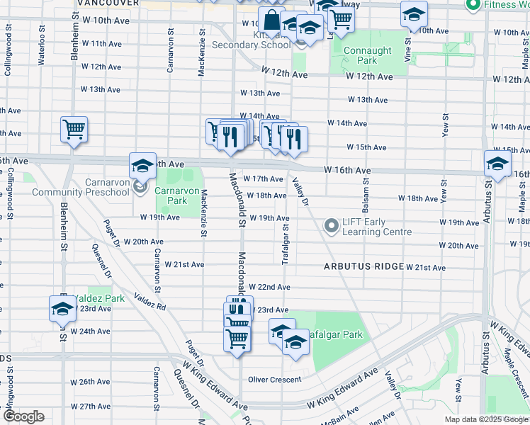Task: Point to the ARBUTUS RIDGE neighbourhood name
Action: tap(363, 267)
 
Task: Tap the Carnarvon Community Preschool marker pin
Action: tap(140, 188)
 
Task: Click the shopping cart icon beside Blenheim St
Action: tap(74, 130)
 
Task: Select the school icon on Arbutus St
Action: tap(497, 164)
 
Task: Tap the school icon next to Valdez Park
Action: tap(62, 309)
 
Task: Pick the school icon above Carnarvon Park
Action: tap(142, 166)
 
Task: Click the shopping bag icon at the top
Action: tap(270, 21)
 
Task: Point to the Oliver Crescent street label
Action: tap(274, 380)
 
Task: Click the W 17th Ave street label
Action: tap(264, 179)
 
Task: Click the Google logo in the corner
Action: tap(23, 416)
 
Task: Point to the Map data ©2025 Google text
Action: tap(485, 419)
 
